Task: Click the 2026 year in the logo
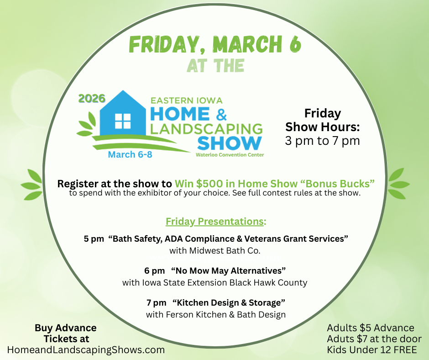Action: [x=91, y=99]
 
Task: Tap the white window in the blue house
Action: [x=123, y=121]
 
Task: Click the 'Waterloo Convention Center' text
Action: [x=230, y=155]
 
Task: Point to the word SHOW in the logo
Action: [x=230, y=143]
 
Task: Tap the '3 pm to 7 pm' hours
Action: [x=322, y=141]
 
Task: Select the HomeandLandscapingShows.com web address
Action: [x=86, y=350]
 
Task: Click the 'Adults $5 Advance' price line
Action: [x=371, y=328]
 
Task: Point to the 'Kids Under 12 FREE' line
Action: [x=371, y=350]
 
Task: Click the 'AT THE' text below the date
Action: [x=215, y=66]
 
